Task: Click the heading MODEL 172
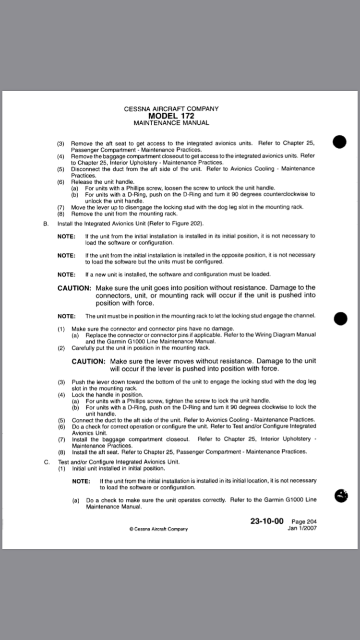[x=171, y=116]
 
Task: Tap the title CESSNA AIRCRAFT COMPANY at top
[x=171, y=109]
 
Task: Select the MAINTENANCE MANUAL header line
[x=171, y=123]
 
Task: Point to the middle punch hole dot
[x=340, y=319]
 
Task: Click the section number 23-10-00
[x=266, y=521]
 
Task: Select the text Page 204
[x=304, y=522]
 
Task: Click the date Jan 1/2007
[x=302, y=528]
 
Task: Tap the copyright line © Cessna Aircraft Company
[x=158, y=529]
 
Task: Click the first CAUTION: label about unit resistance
[x=74, y=288]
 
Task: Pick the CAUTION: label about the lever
[x=88, y=361]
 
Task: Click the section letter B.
[x=46, y=224]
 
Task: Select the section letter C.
[x=47, y=462]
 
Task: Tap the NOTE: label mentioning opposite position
[x=66, y=256]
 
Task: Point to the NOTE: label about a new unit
[x=66, y=274]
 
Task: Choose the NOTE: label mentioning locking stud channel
[x=66, y=316]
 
